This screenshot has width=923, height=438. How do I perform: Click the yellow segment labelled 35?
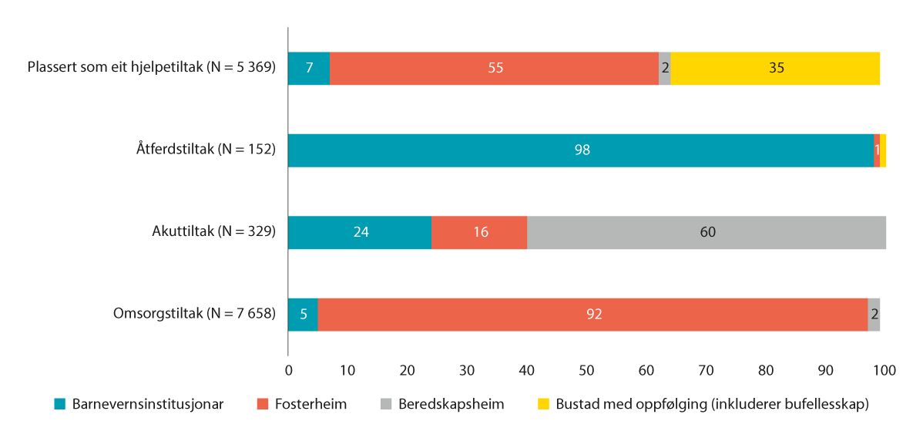click(775, 69)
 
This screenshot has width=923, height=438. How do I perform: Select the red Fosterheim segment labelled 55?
click(494, 69)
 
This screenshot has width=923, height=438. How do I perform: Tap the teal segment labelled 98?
click(581, 150)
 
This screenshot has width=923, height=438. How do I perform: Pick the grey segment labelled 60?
click(707, 232)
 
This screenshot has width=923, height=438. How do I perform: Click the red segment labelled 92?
click(592, 314)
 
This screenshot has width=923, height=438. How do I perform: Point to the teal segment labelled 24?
click(360, 232)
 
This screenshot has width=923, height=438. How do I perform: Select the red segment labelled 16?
click(479, 232)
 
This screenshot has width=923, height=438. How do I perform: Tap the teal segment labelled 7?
click(309, 69)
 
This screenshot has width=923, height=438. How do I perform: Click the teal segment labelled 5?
click(303, 314)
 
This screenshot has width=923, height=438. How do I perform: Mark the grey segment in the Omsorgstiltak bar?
click(874, 314)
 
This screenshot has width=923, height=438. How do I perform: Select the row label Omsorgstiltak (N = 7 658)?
click(194, 313)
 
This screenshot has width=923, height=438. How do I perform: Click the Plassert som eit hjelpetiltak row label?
click(151, 68)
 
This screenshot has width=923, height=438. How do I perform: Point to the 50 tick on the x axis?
click(586, 370)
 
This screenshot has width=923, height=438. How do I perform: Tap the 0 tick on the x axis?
click(289, 370)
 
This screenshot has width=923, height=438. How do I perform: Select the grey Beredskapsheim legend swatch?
click(387, 404)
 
